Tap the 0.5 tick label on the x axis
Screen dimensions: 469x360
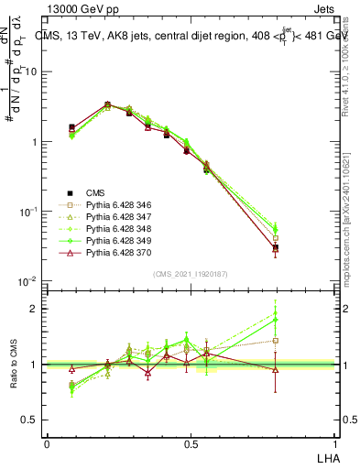pyautogui.click(x=191, y=443)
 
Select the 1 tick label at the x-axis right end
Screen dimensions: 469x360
pyautogui.click(x=334, y=443)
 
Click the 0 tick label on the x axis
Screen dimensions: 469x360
pyautogui.click(x=47, y=443)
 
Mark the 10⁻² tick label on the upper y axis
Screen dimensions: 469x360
pyautogui.click(x=28, y=281)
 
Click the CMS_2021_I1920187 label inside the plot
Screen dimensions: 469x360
pyautogui.click(x=190, y=274)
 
